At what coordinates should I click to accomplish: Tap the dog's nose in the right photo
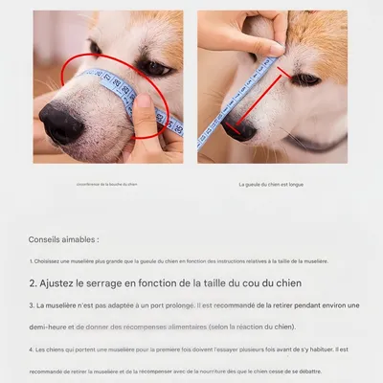239,128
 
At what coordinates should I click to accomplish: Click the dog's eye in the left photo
154,68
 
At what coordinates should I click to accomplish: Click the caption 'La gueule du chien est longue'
271,184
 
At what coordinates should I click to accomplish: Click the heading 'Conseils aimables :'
63,239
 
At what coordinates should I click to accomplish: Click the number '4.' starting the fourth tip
31,349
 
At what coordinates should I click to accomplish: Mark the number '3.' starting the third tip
31,305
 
